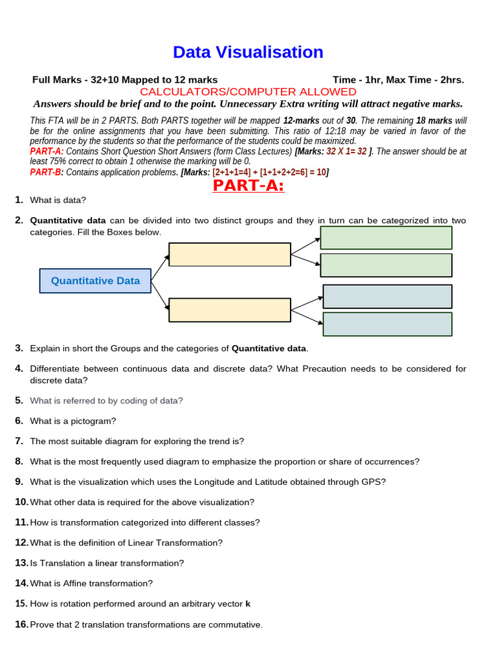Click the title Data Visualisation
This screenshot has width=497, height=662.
click(x=248, y=52)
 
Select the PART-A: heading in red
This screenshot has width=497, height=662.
click(x=248, y=186)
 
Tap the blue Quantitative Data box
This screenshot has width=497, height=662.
click(x=95, y=281)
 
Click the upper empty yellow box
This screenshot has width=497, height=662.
click(x=230, y=254)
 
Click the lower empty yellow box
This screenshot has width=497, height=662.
click(x=230, y=310)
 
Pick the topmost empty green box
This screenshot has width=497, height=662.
click(x=386, y=237)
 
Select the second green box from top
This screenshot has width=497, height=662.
click(x=386, y=265)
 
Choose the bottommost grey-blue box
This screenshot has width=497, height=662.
click(x=387, y=324)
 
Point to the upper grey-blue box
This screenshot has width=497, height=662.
click(x=387, y=296)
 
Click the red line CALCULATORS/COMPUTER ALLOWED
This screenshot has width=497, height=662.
click(x=248, y=92)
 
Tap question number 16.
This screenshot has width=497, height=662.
click(x=21, y=625)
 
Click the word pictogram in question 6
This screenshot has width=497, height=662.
click(x=93, y=421)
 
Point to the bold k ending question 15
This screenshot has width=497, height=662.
click(x=248, y=604)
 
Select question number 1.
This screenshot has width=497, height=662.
click(x=19, y=200)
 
